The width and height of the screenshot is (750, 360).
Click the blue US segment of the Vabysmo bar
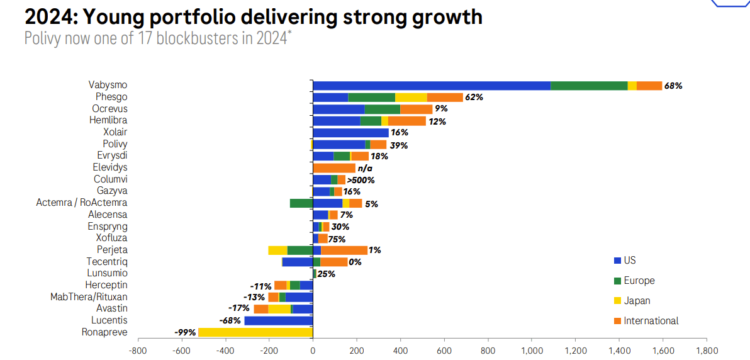432,86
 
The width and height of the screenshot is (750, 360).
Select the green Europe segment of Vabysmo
589,86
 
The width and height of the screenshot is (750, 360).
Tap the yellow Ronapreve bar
255,332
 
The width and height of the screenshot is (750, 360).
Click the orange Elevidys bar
334,168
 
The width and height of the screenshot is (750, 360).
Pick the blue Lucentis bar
278,320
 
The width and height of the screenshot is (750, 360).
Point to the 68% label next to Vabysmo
673,86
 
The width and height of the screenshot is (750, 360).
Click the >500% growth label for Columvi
361,180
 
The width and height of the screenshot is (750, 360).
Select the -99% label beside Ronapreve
185,332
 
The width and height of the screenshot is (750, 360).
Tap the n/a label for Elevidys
366,168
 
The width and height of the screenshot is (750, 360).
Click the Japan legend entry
637,301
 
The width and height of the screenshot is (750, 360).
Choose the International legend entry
651,321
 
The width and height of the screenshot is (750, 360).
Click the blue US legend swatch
617,261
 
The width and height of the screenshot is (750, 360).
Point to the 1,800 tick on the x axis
706,350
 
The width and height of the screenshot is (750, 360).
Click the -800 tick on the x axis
137,350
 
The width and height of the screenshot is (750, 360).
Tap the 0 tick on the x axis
313,350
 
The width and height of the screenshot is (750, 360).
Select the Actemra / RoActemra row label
82,203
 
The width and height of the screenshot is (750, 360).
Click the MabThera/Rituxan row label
89,296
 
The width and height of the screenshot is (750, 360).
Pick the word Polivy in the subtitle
42,37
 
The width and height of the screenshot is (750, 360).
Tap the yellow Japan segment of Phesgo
411,98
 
